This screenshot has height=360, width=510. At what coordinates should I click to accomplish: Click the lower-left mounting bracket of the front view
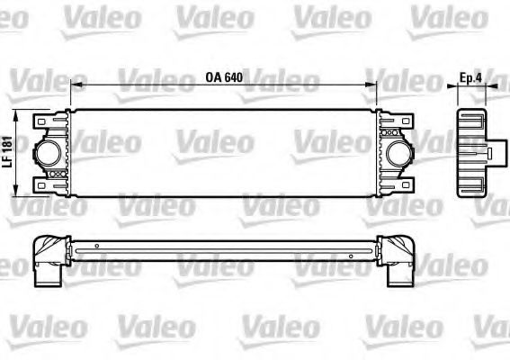(42, 184)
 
